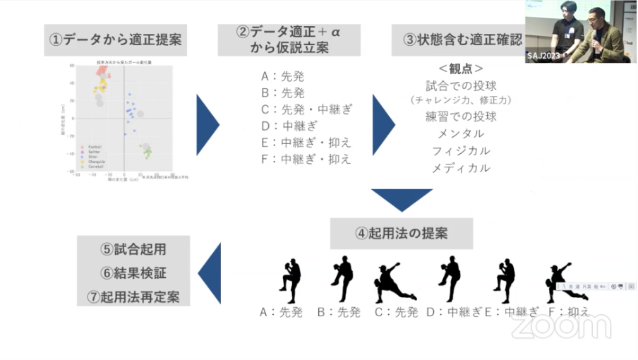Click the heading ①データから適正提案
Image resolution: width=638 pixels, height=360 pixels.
[x=115, y=40]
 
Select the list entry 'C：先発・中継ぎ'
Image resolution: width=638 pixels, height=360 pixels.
[x=306, y=109]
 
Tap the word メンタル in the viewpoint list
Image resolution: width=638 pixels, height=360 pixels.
[x=461, y=133]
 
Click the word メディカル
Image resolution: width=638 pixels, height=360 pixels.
[x=461, y=168]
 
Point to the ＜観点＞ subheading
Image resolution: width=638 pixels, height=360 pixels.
[x=461, y=69]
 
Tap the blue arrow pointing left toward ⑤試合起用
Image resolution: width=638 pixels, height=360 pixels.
[x=210, y=273]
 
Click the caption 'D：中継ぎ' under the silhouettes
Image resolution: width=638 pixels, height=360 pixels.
[x=454, y=312]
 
